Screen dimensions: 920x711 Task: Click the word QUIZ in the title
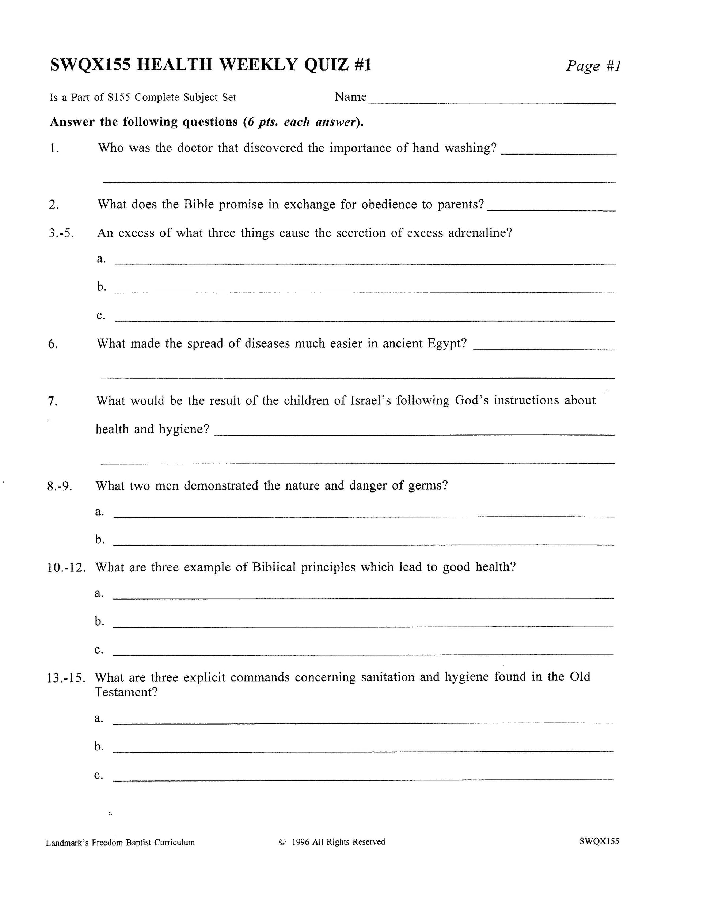[326, 65]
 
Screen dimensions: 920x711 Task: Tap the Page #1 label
[593, 66]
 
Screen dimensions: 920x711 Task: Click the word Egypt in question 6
[447, 344]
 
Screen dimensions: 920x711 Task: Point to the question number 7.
[53, 402]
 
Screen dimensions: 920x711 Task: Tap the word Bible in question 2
[199, 204]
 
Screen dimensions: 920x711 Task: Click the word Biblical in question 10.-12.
[274, 567]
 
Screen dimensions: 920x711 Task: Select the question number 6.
[53, 345]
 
